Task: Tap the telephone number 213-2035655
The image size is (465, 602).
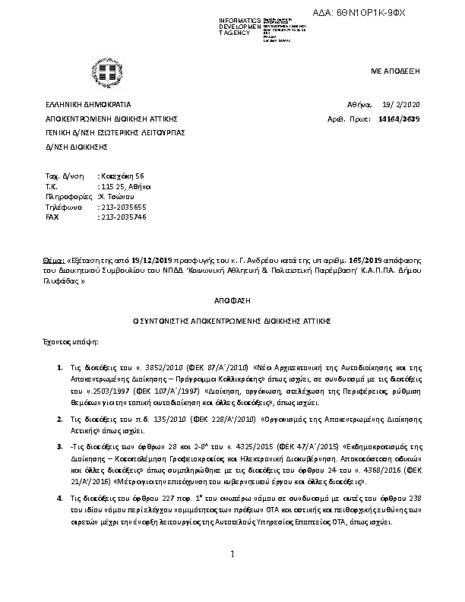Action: tap(123, 207)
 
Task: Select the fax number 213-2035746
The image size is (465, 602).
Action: tap(123, 217)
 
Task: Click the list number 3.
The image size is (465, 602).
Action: tap(60, 445)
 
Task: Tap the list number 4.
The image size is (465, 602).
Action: tap(60, 498)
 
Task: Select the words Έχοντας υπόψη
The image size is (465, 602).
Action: tap(71, 343)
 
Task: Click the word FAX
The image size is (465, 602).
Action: tap(52, 217)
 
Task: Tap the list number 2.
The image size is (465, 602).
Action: tap(60, 419)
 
